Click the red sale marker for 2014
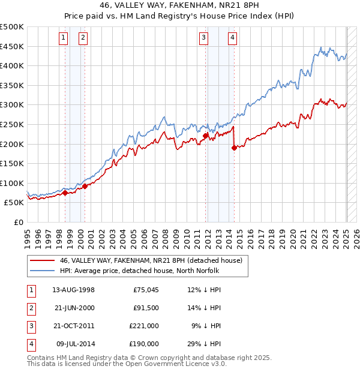pyautogui.click(x=234, y=148)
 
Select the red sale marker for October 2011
pyautogui.click(x=205, y=136)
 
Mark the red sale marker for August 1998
pyautogui.click(x=65, y=193)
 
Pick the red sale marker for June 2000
pyautogui.click(x=85, y=186)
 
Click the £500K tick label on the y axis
pyautogui.click(x=12, y=27)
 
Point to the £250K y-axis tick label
pyautogui.click(x=12, y=124)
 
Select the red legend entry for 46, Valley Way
pyautogui.click(x=151, y=260)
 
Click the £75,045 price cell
pyautogui.click(x=146, y=290)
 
